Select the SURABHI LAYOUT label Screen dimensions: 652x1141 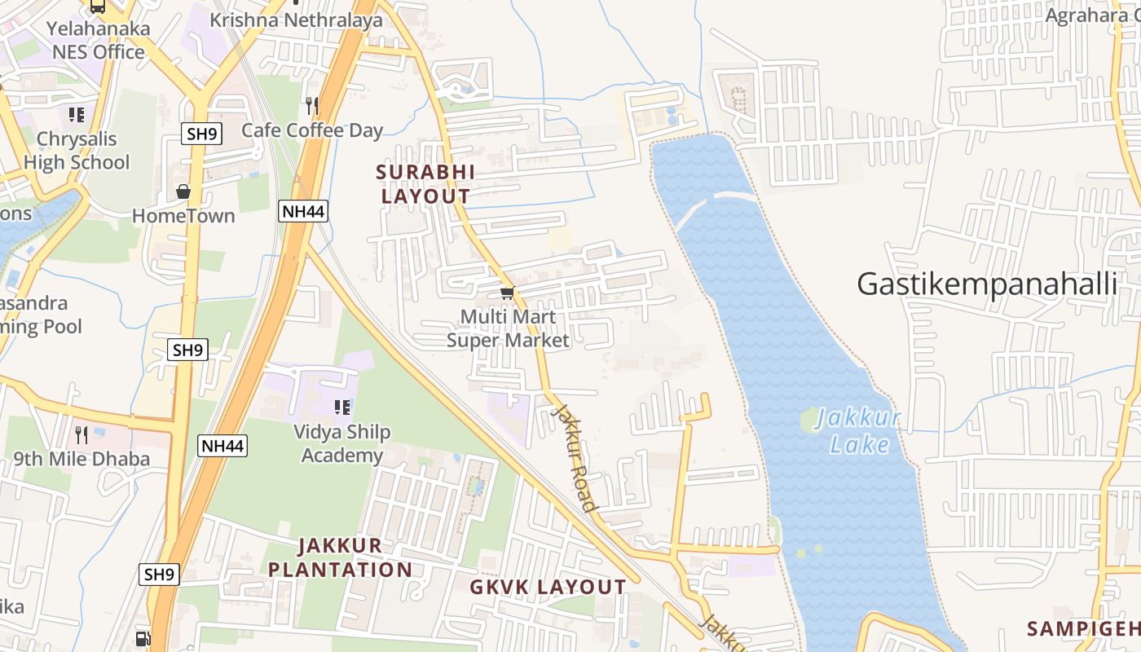pos(425,184)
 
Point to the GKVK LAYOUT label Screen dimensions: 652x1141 pos(548,587)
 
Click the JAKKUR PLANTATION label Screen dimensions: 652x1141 pos(341,557)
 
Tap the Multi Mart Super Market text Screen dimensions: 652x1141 pos(508,328)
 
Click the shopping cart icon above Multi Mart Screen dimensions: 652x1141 pos(507,293)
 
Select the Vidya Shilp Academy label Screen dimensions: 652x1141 pos(342,443)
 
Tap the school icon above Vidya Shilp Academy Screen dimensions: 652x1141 pos(342,407)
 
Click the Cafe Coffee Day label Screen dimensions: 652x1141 pos(312,130)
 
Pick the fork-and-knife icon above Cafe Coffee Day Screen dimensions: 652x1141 pos(311,104)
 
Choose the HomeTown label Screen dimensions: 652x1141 pos(183,216)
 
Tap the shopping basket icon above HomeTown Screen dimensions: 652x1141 pos(183,192)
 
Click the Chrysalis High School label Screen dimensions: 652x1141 pos(77,151)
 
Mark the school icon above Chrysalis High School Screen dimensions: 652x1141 pos(77,115)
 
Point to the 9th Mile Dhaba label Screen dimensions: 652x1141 pos(81,459)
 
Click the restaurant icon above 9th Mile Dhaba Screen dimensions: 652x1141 pos(81,434)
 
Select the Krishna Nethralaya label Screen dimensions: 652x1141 pos(296,20)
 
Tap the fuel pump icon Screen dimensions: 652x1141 pos(143,638)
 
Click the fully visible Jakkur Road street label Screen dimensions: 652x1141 pos(575,456)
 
